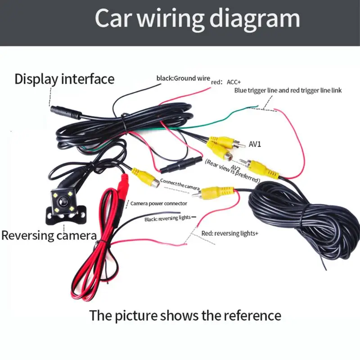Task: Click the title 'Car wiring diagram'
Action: point(198,18)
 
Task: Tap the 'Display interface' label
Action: point(64,79)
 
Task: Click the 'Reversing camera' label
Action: point(49,235)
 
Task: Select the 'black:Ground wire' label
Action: point(183,78)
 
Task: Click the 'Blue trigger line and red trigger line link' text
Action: point(288,90)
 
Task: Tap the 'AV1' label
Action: point(255,144)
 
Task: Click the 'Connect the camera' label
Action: point(180,184)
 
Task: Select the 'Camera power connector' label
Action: point(155,203)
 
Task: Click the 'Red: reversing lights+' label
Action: point(229,234)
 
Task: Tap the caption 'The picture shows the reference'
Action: point(185,315)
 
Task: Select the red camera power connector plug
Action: point(123,184)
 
